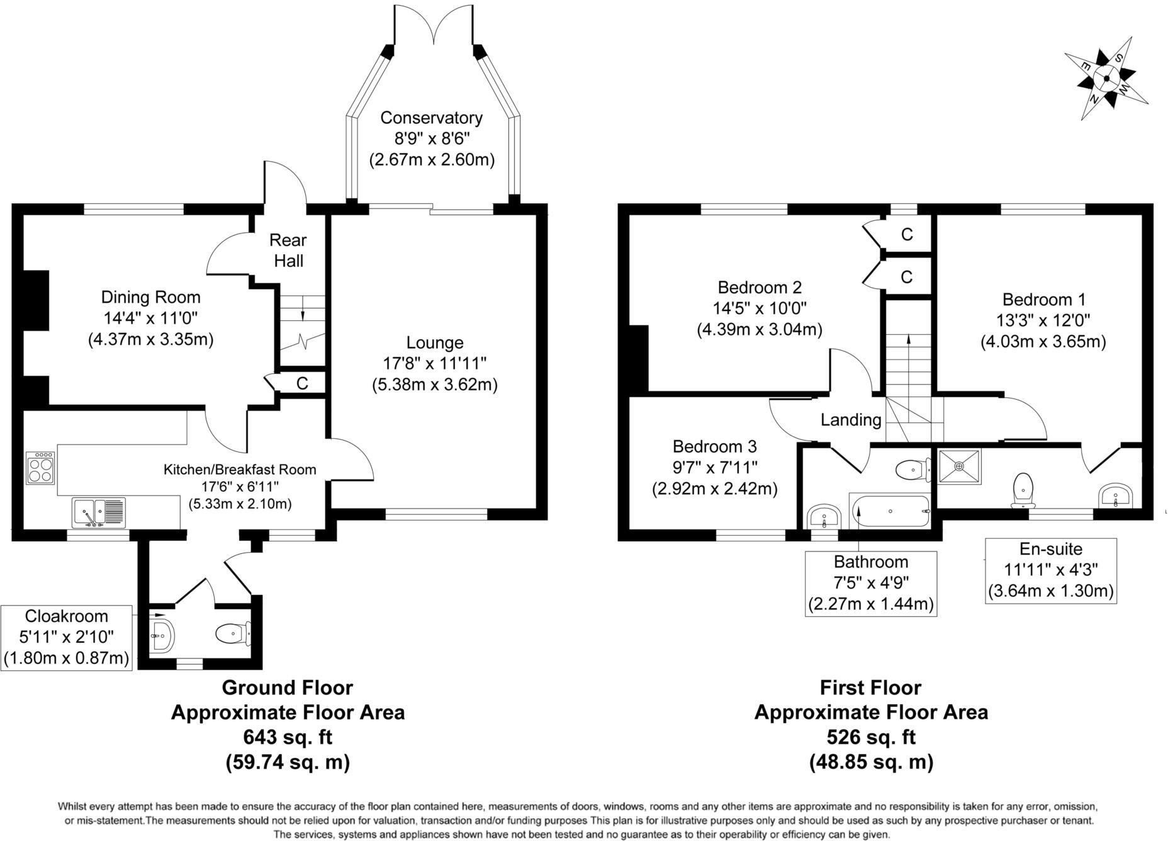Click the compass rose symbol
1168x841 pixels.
[x=1106, y=78]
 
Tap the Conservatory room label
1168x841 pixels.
[x=431, y=118]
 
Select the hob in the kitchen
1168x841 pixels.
[x=41, y=468]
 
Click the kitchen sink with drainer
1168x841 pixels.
[x=99, y=512]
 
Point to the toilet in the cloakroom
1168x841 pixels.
[x=231, y=633]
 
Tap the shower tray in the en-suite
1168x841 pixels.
[x=959, y=466]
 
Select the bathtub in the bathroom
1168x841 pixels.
[x=889, y=511]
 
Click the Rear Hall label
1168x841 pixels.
[x=288, y=250]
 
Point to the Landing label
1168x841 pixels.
[x=851, y=420]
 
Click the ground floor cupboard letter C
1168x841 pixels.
[x=302, y=383]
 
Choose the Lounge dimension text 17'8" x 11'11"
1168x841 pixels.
[x=435, y=363]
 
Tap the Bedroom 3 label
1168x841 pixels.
[x=714, y=447]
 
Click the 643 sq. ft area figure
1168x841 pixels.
[x=288, y=737]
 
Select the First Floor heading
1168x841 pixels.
[x=870, y=687]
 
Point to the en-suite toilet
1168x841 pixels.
[x=1023, y=490]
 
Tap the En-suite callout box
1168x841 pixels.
[x=1050, y=570]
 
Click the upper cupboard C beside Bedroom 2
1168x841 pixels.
[x=907, y=235]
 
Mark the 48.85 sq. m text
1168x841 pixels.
[x=871, y=762]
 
